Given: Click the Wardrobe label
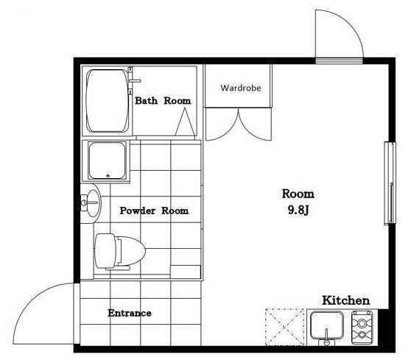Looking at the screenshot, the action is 241,88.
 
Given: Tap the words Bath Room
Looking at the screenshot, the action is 163,101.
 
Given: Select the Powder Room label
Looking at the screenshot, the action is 154,211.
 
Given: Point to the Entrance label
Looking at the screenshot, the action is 130,313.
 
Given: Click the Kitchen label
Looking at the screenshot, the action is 345,300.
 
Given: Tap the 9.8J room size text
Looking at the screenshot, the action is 298,210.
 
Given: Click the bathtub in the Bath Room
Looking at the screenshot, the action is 108,101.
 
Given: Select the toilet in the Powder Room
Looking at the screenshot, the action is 120,252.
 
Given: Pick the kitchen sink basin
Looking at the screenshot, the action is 326,325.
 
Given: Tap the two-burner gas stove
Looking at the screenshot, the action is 362,328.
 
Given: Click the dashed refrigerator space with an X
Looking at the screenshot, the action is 285,327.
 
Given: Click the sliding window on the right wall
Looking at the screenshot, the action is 390,183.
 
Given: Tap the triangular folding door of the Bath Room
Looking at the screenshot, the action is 185,121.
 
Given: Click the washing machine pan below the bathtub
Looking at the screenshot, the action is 106,161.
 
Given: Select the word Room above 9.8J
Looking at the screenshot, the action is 298,194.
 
